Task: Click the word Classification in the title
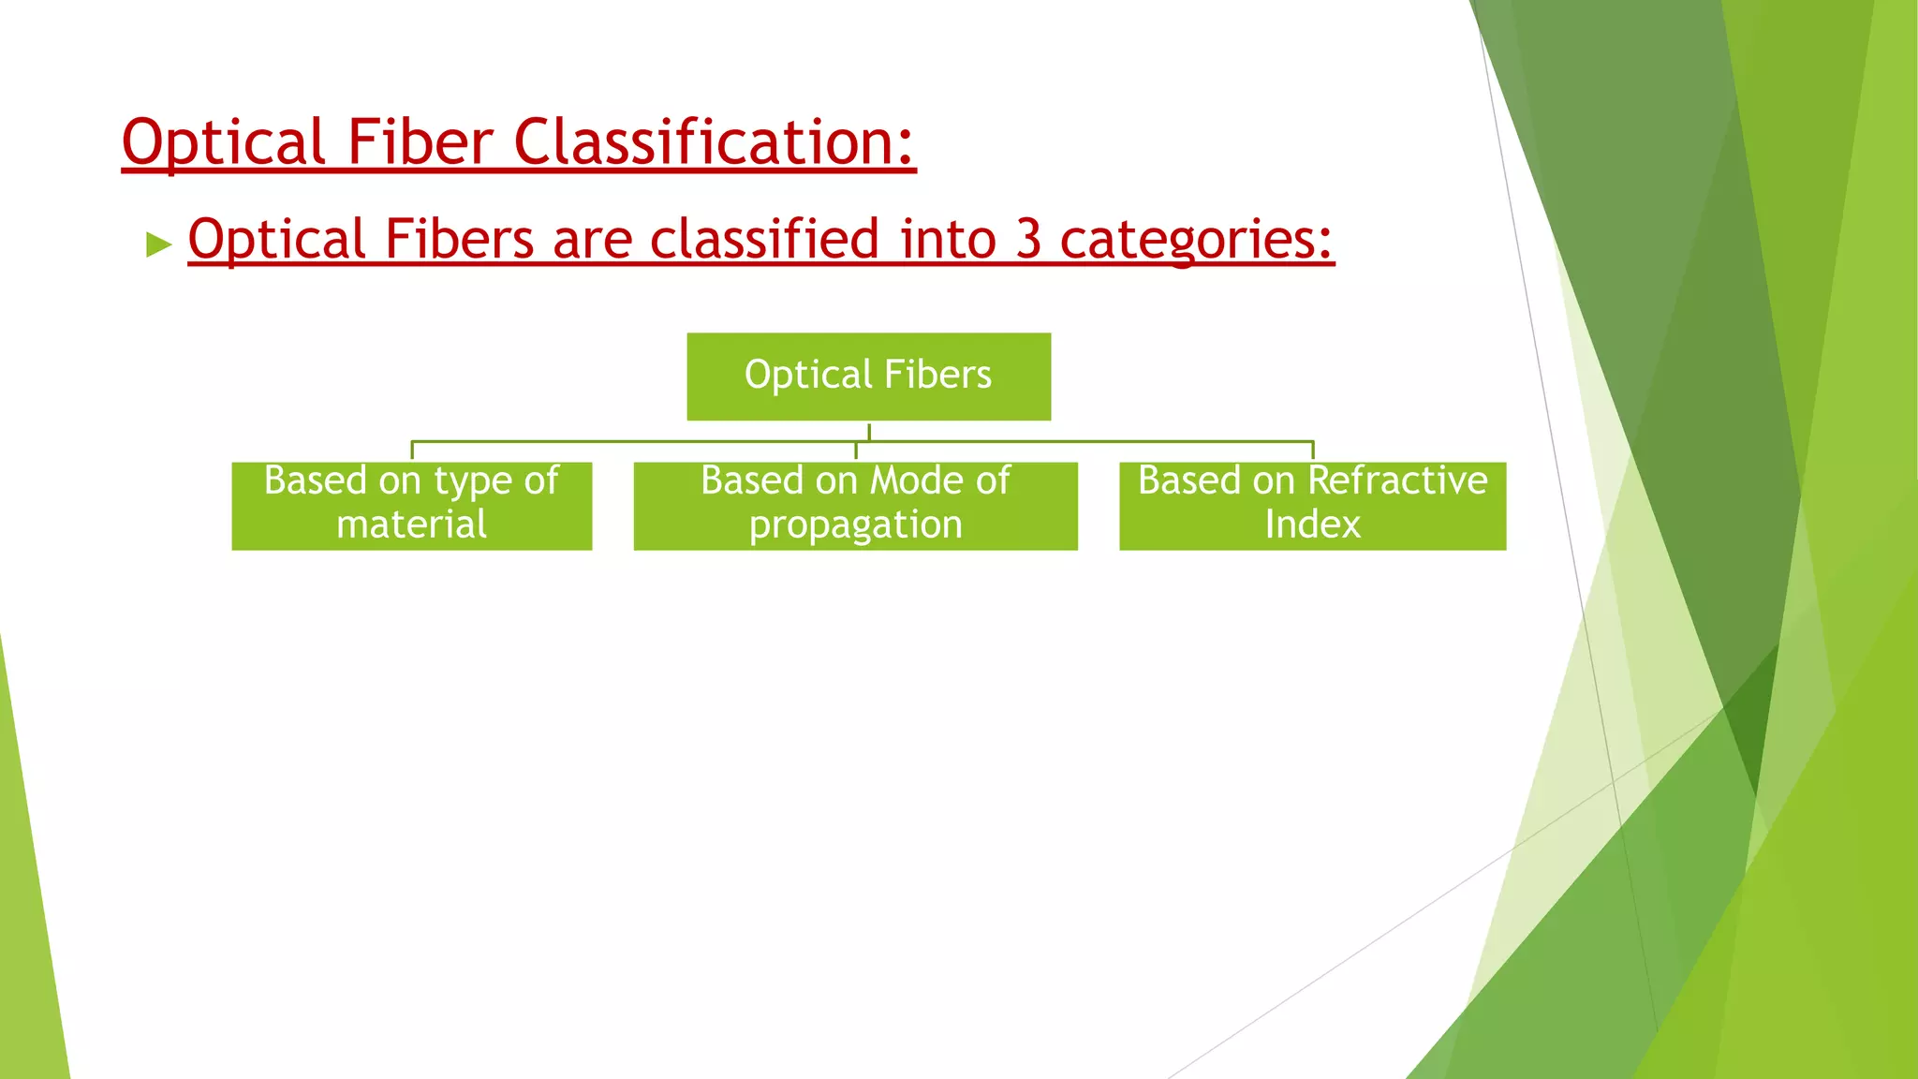pyautogui.click(x=713, y=142)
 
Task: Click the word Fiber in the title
pyautogui.click(x=420, y=142)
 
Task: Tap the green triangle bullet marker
pyautogui.click(x=159, y=245)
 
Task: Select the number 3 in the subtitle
pyautogui.click(x=1027, y=239)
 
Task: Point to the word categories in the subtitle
pyautogui.click(x=1195, y=240)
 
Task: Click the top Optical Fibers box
pyautogui.click(x=868, y=377)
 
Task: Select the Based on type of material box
pyautogui.click(x=411, y=506)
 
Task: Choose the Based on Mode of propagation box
pyautogui.click(x=855, y=506)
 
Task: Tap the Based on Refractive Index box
pyautogui.click(x=1312, y=506)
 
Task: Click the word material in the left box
pyautogui.click(x=411, y=525)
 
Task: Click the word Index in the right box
pyautogui.click(x=1312, y=525)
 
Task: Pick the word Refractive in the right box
pyautogui.click(x=1397, y=480)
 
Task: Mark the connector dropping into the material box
pyautogui.click(x=412, y=451)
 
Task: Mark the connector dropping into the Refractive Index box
pyautogui.click(x=1313, y=451)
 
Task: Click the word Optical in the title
pyautogui.click(x=223, y=142)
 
